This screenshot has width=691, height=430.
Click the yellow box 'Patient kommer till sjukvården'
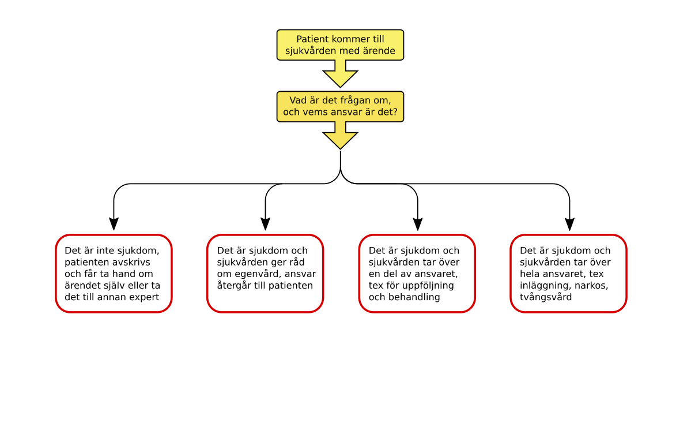340,45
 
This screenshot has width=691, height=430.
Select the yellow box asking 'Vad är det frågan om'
340,106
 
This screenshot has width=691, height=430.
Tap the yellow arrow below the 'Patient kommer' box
340,74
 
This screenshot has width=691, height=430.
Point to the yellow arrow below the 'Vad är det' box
340,136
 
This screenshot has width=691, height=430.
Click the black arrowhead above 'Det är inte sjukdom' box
114,224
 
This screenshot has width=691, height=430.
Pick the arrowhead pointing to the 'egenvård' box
265,224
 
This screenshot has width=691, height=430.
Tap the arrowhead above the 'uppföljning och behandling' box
418,224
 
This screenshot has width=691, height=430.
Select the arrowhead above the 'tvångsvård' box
569,224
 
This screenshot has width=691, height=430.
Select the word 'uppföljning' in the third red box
426,286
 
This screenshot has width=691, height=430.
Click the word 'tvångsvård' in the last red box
546,298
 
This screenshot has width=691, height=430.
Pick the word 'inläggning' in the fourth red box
546,286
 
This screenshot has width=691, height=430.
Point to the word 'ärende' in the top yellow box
379,51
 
